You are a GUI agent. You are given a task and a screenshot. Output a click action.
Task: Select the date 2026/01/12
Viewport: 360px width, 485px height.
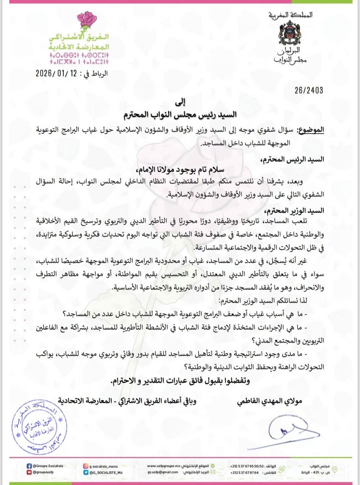pyautogui.click(x=56, y=73)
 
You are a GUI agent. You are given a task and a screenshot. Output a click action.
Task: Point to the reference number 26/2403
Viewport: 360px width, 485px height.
pyautogui.click(x=309, y=90)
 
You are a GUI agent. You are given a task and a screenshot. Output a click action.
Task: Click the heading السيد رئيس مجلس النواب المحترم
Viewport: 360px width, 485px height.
pyautogui.click(x=180, y=114)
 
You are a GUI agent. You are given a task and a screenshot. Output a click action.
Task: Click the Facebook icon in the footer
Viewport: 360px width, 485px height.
pyautogui.click(x=29, y=466)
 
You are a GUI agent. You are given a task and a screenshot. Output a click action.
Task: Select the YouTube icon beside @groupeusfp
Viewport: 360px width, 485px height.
pyautogui.click(x=29, y=472)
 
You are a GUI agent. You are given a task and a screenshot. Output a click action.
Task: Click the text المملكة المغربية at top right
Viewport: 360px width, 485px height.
pyautogui.click(x=290, y=15)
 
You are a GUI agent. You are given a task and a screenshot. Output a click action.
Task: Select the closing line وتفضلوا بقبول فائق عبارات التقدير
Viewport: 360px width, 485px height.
pyautogui.click(x=180, y=381)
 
